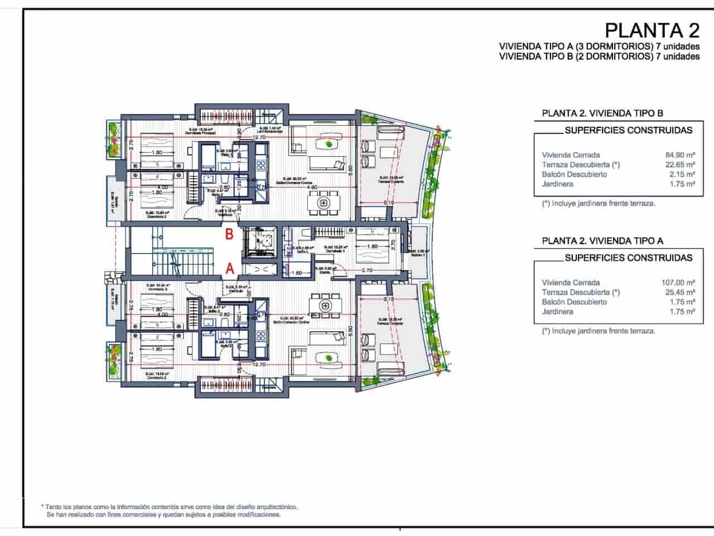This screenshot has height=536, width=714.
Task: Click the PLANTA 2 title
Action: [652, 29]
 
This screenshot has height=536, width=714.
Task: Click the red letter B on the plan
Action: [229, 234]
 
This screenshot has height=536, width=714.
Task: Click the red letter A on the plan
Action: [229, 269]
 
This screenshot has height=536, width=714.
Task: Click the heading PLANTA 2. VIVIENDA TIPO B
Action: [602, 113]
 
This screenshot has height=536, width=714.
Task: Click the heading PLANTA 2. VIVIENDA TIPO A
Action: [602, 241]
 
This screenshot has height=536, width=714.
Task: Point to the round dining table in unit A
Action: [324, 305]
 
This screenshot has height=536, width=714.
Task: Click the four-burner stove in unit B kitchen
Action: [261, 166]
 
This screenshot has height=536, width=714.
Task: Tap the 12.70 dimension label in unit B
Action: [258, 137]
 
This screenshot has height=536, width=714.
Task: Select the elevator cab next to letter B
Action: [260, 241]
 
